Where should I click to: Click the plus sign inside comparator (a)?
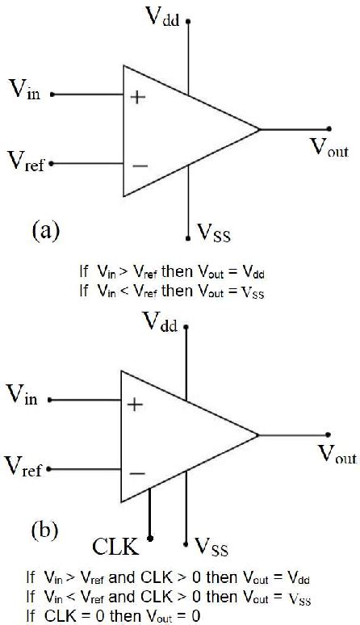tap(138, 97)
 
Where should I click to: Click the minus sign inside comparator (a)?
tap(139, 166)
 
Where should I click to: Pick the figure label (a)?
tap(45, 230)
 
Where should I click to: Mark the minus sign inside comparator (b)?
tap(137, 474)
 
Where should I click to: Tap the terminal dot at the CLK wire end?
tap(150, 535)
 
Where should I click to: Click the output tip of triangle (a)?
tap(259, 129)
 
